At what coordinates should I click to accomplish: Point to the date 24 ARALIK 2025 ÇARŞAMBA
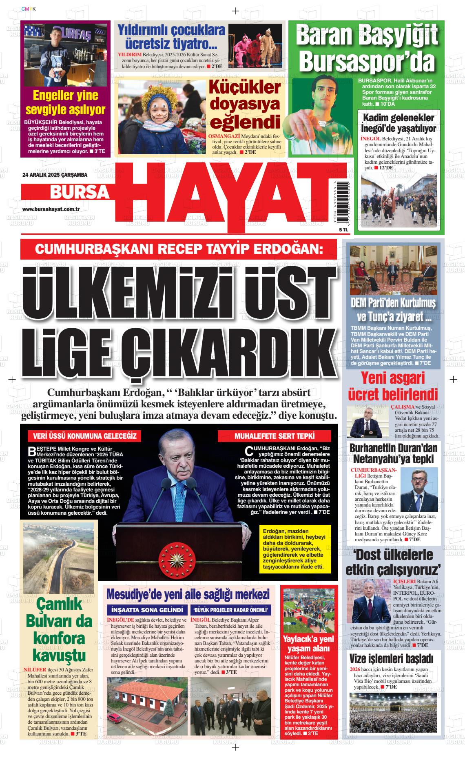coord(55,175)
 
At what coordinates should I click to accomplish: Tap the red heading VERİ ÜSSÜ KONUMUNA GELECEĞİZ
coord(84,436)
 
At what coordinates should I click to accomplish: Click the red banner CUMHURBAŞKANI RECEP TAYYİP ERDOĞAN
coord(179,249)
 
